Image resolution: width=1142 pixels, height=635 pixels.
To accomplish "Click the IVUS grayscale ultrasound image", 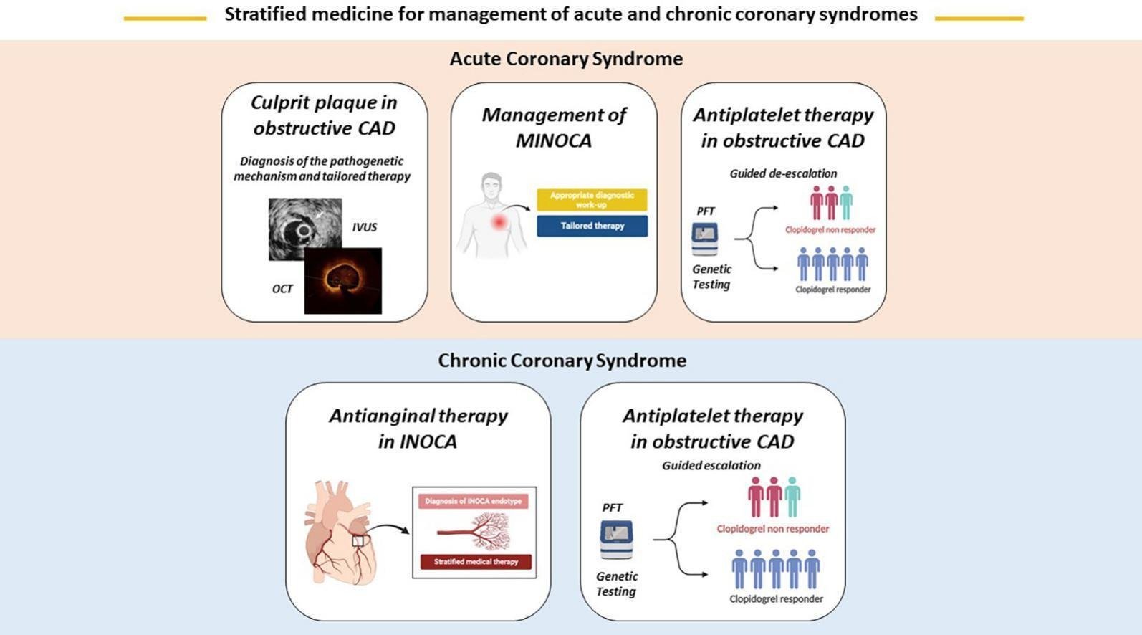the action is click(x=305, y=229).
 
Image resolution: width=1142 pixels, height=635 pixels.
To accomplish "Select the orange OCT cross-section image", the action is click(x=342, y=281).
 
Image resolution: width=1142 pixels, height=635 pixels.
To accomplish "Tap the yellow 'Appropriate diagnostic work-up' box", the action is click(x=592, y=199).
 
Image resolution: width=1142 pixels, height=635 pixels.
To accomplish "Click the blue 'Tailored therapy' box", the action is click(x=592, y=226).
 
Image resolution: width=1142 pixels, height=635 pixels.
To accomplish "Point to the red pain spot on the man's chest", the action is click(x=499, y=222).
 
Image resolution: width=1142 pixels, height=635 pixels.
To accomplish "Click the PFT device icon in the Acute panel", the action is click(x=705, y=239).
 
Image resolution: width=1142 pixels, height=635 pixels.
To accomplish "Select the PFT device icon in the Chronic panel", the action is click(x=616, y=540).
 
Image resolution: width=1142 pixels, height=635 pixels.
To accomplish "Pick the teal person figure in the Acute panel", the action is click(x=846, y=203).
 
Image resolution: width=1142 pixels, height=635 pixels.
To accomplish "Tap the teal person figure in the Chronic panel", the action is click(x=792, y=497).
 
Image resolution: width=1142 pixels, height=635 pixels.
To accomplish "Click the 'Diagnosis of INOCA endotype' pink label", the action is click(x=473, y=502).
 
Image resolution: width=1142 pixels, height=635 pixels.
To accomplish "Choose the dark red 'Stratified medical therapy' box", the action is click(x=476, y=562).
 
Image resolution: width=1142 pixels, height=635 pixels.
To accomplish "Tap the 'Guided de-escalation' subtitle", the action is click(x=783, y=173).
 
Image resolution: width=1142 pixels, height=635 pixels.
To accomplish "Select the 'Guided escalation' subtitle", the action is click(x=711, y=465).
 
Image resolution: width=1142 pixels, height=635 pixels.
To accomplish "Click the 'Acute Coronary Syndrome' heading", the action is click(x=566, y=59).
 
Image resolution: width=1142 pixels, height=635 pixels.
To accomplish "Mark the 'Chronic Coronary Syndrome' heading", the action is click(x=562, y=361).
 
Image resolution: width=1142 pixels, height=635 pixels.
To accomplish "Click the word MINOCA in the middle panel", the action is click(x=554, y=140).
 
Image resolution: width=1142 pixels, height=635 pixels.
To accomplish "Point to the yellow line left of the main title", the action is click(x=165, y=19).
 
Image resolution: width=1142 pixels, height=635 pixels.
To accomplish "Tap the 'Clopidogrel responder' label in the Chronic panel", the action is click(x=776, y=598).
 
